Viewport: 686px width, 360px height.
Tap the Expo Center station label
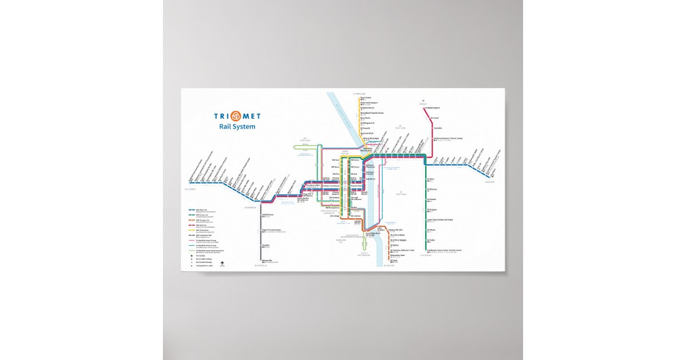(366, 97)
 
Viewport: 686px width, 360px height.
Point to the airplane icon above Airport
(424, 101)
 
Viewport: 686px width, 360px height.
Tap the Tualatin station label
(266, 245)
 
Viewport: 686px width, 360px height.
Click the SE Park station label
(394, 261)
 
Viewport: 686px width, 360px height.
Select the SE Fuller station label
(431, 240)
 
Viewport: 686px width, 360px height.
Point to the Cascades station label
(438, 128)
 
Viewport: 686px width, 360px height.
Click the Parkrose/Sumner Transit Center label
(448, 138)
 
